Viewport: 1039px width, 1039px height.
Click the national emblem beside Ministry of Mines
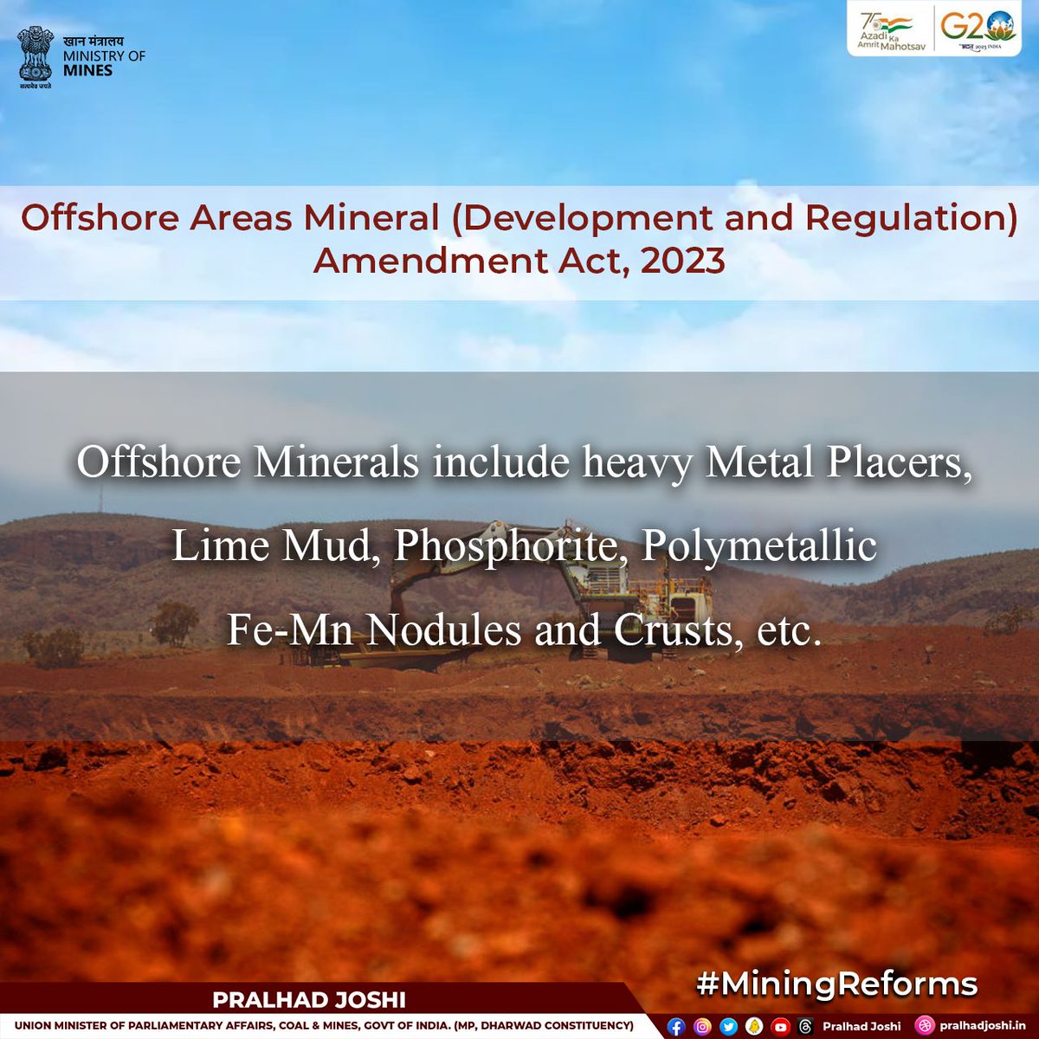(35, 58)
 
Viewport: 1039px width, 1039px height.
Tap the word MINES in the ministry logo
(88, 70)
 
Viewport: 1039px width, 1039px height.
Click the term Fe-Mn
(290, 630)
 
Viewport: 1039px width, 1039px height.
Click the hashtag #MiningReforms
(836, 984)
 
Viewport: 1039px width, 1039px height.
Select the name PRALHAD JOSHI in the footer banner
(309, 1000)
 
